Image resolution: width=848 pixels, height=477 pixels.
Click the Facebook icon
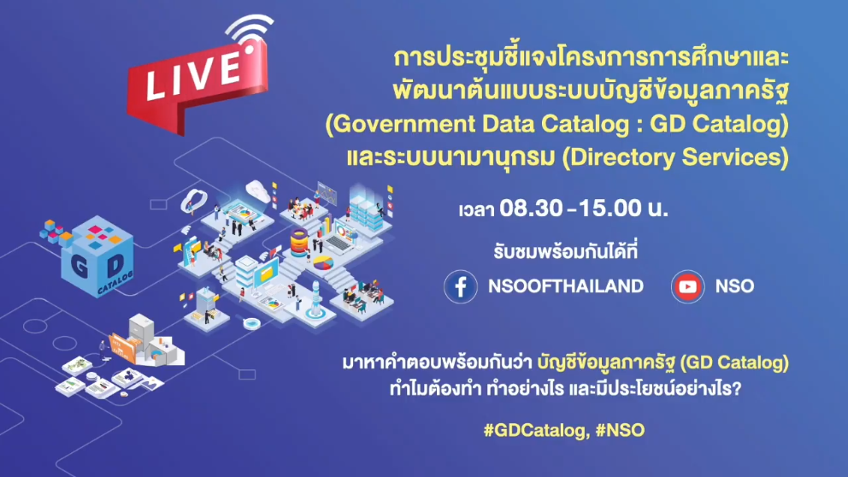point(461,286)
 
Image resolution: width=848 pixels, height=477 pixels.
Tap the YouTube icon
point(687,286)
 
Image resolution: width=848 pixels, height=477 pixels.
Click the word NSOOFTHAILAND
point(566,286)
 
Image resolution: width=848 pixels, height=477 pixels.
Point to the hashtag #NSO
point(620,431)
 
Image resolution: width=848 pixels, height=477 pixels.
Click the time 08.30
point(531,209)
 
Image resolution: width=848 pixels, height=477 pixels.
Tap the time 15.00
point(610,209)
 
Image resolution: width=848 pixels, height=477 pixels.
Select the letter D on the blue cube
point(115,265)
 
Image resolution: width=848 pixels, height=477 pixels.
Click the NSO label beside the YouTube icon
point(734,286)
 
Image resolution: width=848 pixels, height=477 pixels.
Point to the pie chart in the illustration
point(323,262)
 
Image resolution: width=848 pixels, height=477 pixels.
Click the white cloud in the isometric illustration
point(258,190)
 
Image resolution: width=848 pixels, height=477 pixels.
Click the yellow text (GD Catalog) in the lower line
point(734,362)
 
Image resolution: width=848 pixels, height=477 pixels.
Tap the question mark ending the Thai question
point(735,388)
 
